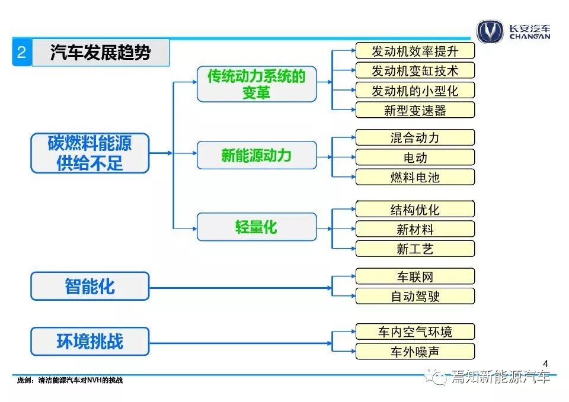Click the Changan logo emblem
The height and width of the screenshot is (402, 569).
tap(490, 31)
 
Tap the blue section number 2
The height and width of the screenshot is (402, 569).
tap(22, 53)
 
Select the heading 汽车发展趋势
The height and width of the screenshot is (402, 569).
tap(101, 53)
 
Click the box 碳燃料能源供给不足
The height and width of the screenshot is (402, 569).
tap(90, 153)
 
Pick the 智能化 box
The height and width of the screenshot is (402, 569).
tap(90, 286)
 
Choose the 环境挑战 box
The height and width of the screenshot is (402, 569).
tap(90, 341)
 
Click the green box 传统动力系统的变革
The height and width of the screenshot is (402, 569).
tap(257, 83)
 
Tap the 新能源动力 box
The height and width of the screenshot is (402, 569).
tap(257, 155)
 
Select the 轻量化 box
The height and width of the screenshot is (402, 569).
tap(257, 227)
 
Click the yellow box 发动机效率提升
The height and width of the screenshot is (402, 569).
tap(415, 51)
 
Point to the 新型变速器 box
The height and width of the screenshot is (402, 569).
tap(415, 110)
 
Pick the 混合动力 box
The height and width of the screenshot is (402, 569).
tap(415, 137)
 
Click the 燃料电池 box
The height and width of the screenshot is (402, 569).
tap(415, 177)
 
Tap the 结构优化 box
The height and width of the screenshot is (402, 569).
tap(415, 209)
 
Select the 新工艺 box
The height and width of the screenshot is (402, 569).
tap(415, 249)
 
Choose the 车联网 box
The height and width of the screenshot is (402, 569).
tap(415, 276)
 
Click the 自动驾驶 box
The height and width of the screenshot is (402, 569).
tap(415, 296)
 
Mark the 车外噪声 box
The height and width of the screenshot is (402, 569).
tap(415, 351)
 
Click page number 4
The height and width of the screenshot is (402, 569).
tap(545, 364)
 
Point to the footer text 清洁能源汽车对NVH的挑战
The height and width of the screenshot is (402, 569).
tap(81, 380)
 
